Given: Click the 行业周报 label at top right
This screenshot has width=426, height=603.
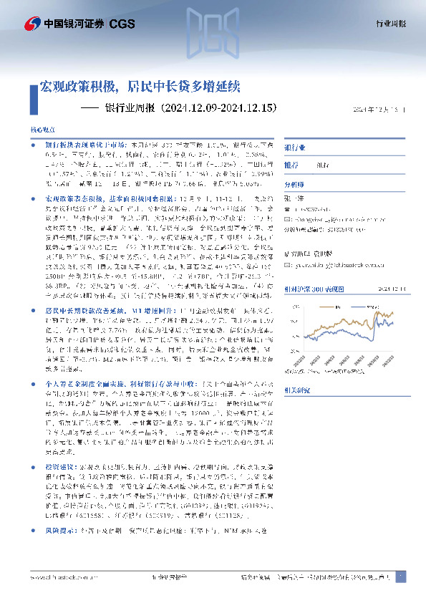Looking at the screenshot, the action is point(391,24).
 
